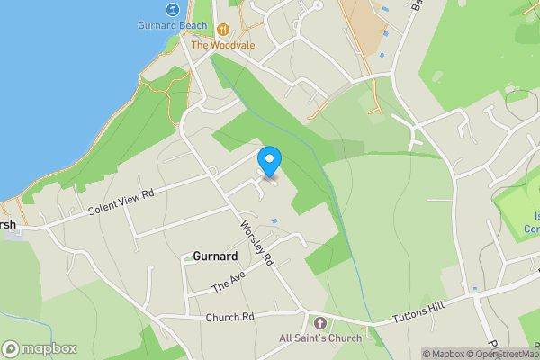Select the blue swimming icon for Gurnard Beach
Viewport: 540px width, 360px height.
coord(172,10)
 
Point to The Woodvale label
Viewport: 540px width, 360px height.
coord(223,44)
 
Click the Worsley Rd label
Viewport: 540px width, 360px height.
coord(256,243)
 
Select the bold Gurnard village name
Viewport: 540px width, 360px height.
coord(215,256)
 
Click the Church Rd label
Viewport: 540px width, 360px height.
coord(230,317)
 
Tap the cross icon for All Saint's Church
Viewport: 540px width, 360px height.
coord(319,322)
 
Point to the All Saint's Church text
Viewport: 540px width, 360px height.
coord(319,338)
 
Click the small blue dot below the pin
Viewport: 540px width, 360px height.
coord(274,220)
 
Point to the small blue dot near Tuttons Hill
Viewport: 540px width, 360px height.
coord(474,289)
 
